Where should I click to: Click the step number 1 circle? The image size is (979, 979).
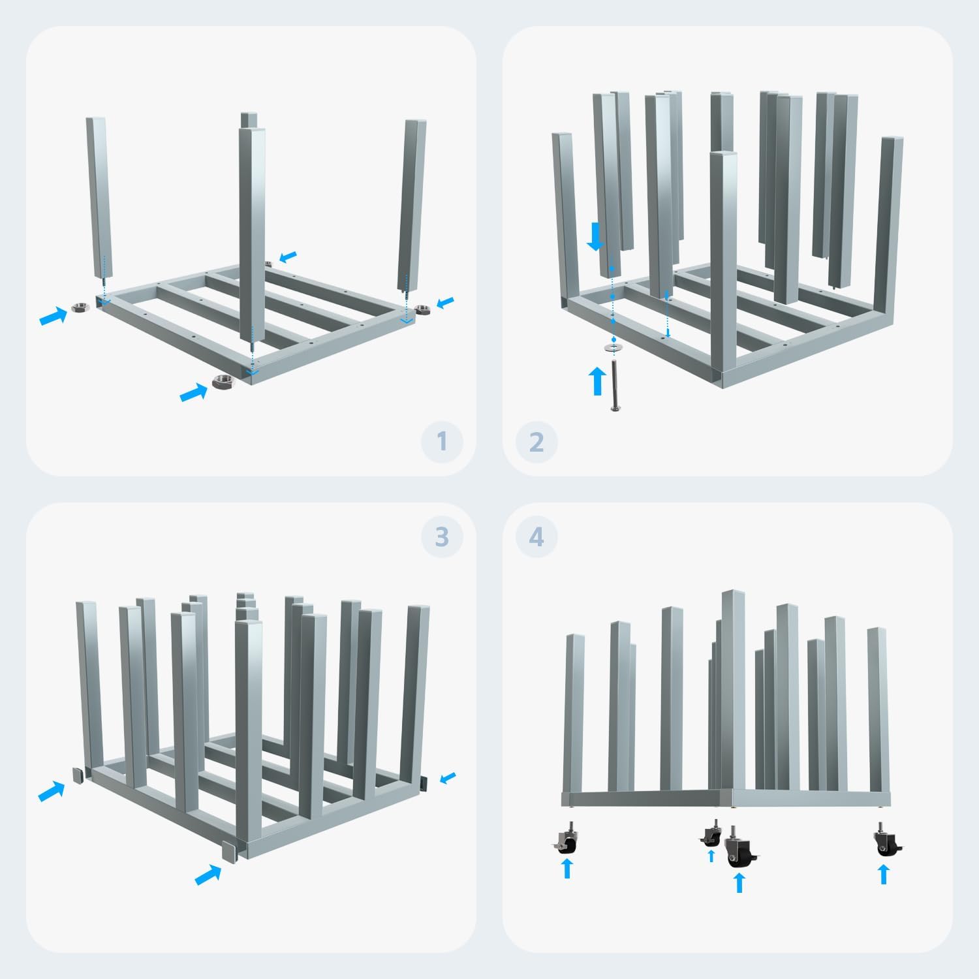point(442,442)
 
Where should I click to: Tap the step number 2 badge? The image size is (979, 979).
point(536,442)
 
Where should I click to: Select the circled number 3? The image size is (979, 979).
point(442,536)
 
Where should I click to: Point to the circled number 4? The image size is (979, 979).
point(536,536)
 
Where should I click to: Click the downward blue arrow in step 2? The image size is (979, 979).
point(595,236)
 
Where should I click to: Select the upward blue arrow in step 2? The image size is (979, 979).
point(597,381)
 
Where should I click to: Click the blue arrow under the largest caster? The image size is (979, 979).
point(739,883)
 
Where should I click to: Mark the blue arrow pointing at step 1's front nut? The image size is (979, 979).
point(194,392)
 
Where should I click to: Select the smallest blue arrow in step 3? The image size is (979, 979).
point(448,777)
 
